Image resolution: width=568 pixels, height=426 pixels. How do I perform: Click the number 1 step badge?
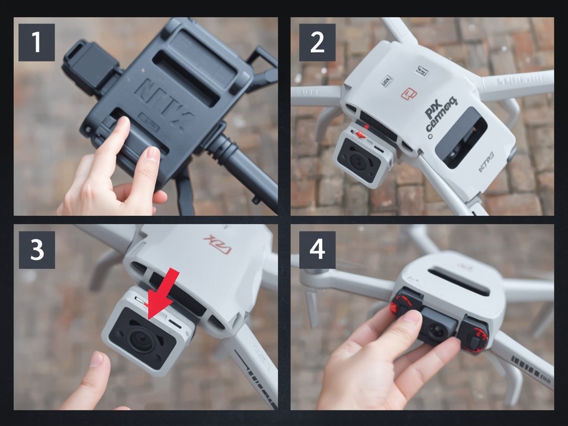[37, 42]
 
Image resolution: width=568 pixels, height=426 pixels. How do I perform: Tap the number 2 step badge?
[317, 42]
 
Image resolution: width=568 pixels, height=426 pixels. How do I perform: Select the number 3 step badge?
[37, 250]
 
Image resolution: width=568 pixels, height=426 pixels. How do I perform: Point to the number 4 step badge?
[317, 250]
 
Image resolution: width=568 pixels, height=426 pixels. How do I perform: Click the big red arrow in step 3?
[164, 294]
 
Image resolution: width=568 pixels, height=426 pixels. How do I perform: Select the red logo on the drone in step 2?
[409, 94]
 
